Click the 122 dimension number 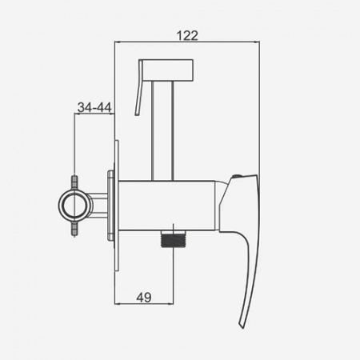click(x=187, y=35)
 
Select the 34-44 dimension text click(x=94, y=107)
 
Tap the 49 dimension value click(x=144, y=298)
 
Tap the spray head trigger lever click(x=139, y=87)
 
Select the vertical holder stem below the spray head click(x=162, y=130)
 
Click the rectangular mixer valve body click(x=166, y=206)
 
